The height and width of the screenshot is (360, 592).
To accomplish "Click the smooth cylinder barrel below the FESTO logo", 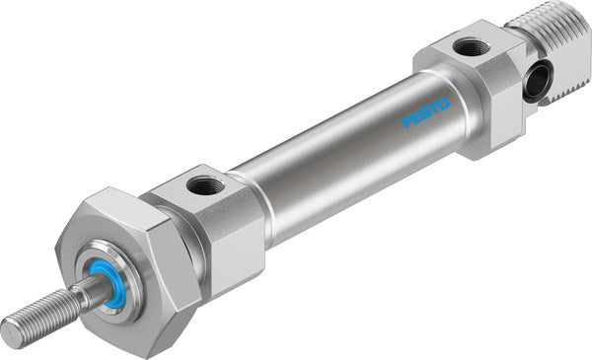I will click(x=375, y=168).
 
